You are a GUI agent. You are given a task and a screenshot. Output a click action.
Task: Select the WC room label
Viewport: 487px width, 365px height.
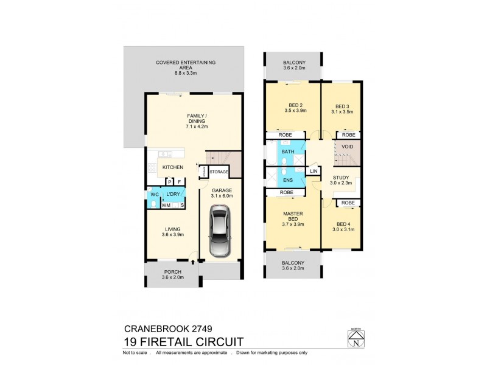click(x=155, y=194)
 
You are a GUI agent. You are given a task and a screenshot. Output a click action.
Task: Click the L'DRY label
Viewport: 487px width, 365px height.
click(x=172, y=194)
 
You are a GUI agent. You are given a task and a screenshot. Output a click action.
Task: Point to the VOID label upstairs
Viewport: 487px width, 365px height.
click(x=348, y=147)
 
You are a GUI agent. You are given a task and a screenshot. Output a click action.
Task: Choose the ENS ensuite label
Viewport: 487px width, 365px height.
click(x=287, y=180)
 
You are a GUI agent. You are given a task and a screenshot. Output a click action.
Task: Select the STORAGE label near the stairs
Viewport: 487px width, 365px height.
click(x=219, y=172)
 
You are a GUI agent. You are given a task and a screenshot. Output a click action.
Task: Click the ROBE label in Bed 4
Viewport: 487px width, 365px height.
click(x=348, y=203)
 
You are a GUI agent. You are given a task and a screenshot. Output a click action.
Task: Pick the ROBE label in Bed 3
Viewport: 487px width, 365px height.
click(x=349, y=135)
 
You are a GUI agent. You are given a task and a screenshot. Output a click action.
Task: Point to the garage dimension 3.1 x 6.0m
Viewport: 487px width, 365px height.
click(x=222, y=196)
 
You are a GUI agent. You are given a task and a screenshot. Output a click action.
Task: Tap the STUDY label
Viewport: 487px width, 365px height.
click(x=340, y=178)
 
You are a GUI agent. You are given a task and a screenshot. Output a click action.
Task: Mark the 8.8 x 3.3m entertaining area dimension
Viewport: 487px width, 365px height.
click(x=186, y=72)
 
